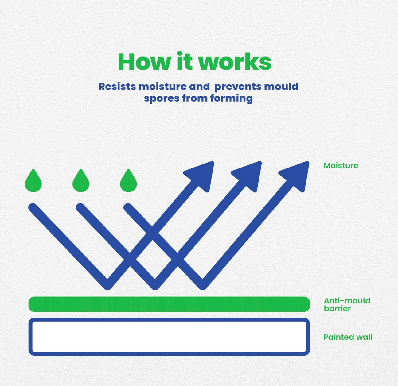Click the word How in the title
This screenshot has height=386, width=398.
point(144,62)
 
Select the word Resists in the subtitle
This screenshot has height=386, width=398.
point(117,87)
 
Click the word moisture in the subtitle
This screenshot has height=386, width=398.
point(162,87)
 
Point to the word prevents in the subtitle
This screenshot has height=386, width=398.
point(238,87)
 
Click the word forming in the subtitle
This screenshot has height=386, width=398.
point(232,98)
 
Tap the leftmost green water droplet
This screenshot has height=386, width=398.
point(33,181)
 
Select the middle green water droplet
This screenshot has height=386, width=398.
point(81,181)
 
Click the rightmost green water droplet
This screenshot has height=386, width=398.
point(128,181)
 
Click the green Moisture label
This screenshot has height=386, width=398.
point(341,165)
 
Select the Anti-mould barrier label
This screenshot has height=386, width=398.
point(347,305)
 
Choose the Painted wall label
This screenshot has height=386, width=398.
point(348,337)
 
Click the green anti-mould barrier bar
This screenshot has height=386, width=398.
point(169,304)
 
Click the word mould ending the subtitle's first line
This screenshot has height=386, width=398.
point(281,87)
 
